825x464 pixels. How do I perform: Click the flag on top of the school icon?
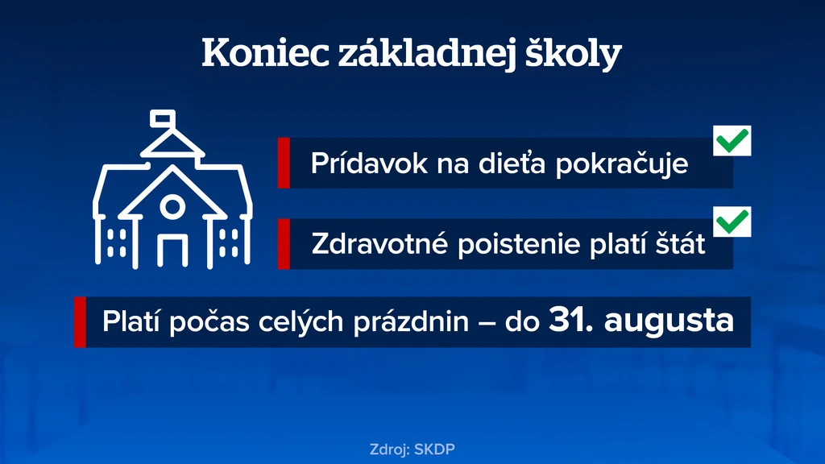pos(163,118)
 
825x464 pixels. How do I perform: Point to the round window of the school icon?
pos(172,207)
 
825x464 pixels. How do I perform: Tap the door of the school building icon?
pos(172,251)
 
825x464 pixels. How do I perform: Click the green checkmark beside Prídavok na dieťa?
pos(732,140)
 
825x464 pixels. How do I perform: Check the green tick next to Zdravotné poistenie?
pos(732,222)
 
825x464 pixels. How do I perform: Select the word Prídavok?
pos(369,163)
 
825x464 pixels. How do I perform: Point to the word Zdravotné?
pos(379,244)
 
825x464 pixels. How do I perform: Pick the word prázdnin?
pos(411,321)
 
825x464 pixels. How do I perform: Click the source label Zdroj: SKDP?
pos(412,449)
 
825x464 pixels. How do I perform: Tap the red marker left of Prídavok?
pos(284,163)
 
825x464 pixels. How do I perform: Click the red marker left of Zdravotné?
pos(284,244)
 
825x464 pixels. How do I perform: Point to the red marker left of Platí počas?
pos(80,322)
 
